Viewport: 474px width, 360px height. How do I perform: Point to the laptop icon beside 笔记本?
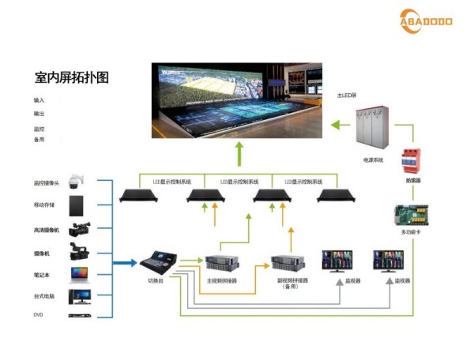pyautogui.click(x=80, y=275)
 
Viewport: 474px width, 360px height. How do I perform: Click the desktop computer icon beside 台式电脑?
pyautogui.click(x=80, y=296)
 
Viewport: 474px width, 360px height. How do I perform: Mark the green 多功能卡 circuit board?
pyautogui.click(x=412, y=214)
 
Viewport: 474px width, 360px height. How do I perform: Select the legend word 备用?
pyautogui.click(x=39, y=140)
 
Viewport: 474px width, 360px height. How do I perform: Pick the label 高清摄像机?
pyautogui.click(x=46, y=231)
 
